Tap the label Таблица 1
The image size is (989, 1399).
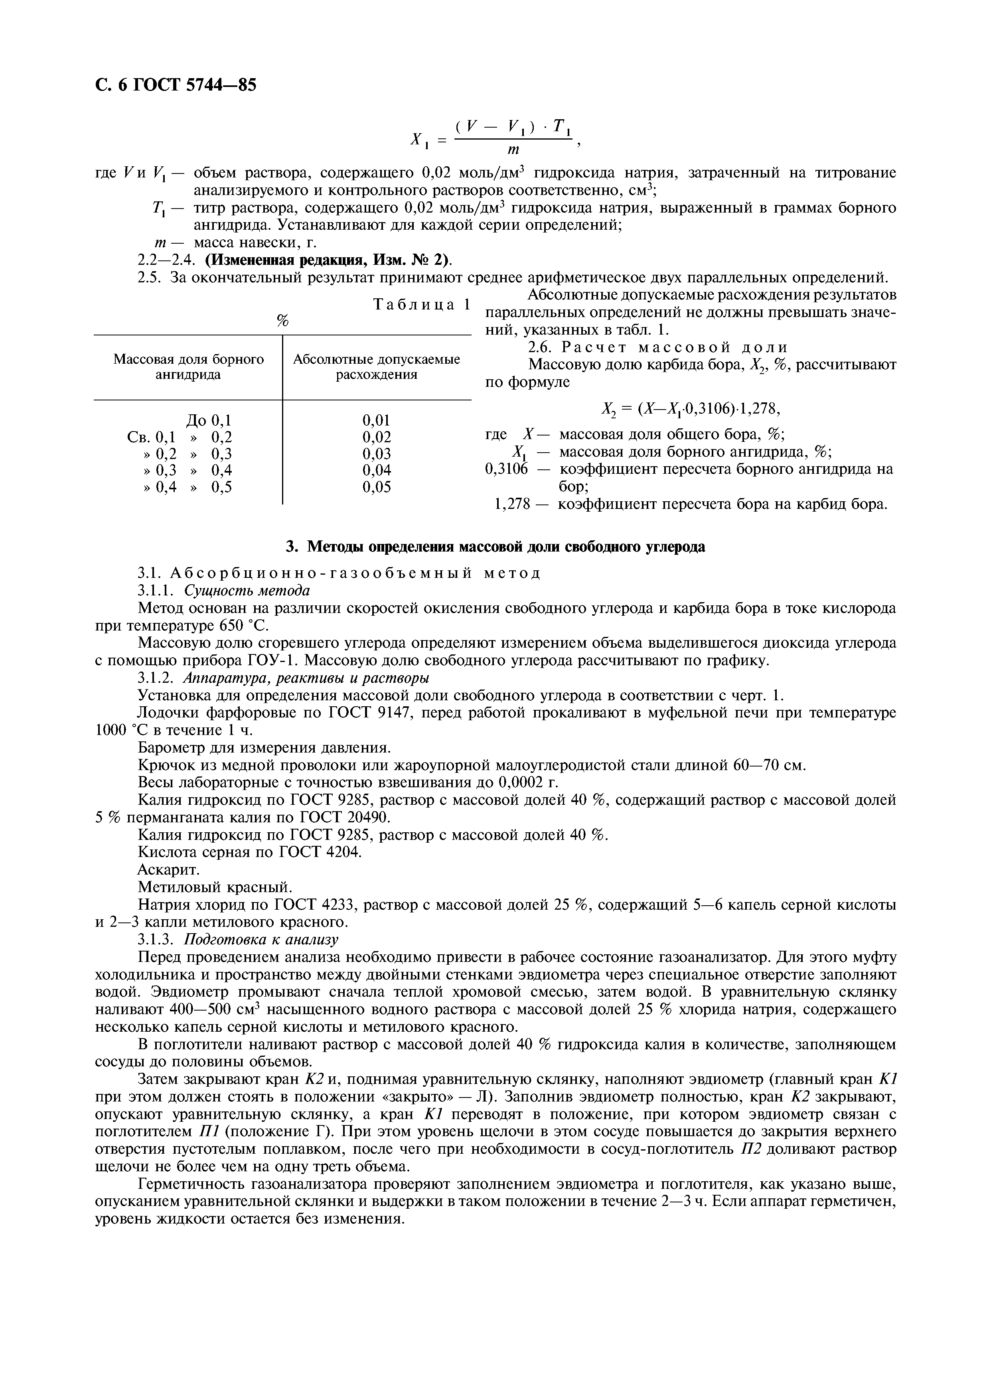(x=422, y=305)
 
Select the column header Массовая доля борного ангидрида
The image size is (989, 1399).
(x=188, y=367)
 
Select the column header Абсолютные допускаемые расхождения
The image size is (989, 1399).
(x=377, y=367)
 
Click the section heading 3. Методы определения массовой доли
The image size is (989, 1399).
(x=495, y=547)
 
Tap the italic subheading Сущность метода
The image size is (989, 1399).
(x=247, y=591)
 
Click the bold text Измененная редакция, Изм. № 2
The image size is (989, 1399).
(x=327, y=260)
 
